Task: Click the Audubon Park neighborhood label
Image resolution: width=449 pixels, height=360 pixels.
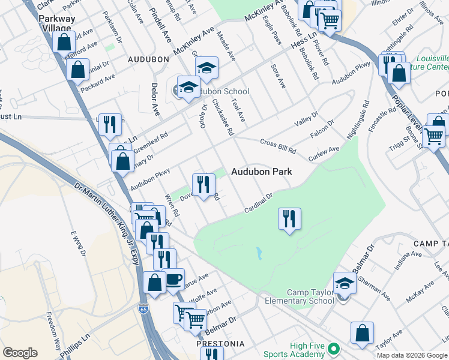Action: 262,172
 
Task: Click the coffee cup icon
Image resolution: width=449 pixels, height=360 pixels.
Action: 174,280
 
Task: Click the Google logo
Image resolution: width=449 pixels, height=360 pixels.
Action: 20,353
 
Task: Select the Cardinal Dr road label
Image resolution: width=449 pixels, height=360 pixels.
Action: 259,202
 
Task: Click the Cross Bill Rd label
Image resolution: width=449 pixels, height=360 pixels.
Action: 278,145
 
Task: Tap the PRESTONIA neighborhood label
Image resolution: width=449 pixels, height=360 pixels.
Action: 220,344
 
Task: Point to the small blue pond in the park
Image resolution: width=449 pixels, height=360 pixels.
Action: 259,253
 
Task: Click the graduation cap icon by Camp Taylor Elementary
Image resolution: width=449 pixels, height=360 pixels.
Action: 345,283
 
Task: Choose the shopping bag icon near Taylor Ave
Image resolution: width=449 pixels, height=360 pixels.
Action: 363,334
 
